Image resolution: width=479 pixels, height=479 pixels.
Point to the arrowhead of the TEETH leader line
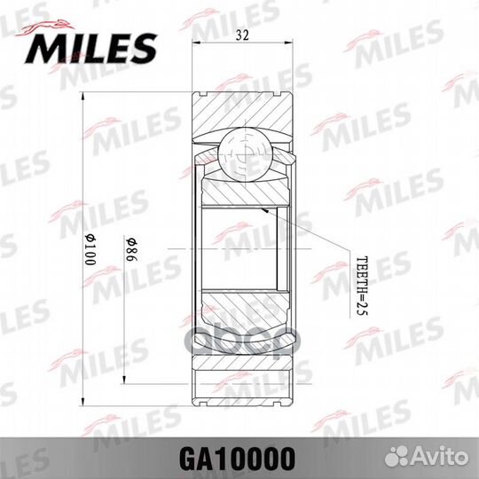263,208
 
